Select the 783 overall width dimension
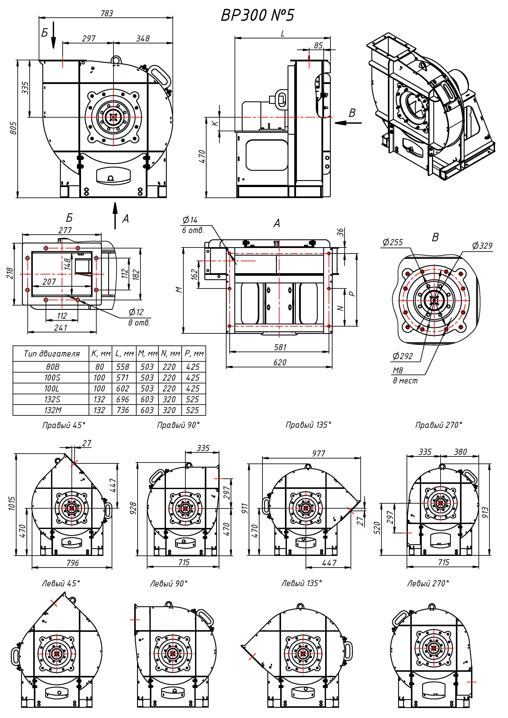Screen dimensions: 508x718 [106, 13]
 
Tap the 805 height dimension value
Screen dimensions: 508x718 [13, 128]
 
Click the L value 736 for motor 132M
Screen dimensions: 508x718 [123, 410]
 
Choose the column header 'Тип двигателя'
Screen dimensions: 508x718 [52, 354]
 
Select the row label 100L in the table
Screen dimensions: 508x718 [52, 388]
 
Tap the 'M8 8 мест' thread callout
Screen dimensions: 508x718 [405, 375]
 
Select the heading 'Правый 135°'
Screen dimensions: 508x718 [308, 425]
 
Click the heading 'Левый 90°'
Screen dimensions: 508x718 [169, 583]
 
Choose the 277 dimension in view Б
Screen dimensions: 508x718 [65, 230]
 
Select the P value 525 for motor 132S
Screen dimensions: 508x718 [192, 399]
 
